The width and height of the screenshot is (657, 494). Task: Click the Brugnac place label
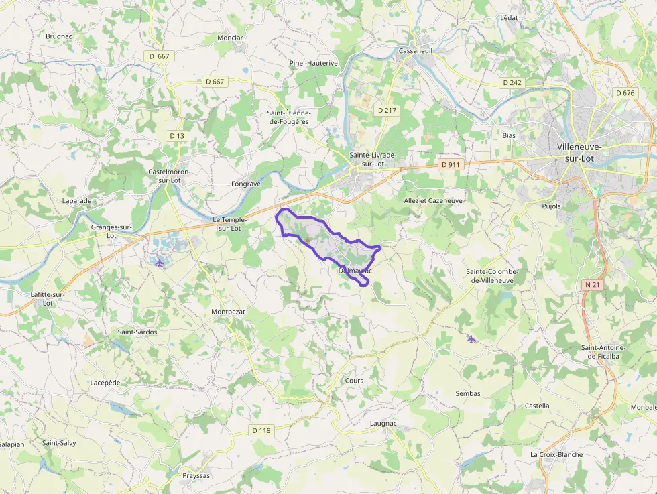point(59,36)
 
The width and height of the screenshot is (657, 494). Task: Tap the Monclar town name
point(230,38)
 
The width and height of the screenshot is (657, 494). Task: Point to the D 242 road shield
point(511,82)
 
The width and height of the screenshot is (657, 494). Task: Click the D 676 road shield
point(624,93)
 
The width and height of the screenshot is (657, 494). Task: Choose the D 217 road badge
point(387,110)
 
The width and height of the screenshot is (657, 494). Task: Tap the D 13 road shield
point(176,135)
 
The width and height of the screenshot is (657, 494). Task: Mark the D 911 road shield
point(451,164)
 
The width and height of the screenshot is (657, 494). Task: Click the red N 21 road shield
point(592,285)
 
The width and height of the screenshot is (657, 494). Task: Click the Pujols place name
point(551,206)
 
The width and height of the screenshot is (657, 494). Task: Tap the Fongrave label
point(245,183)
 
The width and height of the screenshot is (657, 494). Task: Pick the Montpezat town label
point(228,312)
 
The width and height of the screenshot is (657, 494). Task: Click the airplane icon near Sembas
point(471,338)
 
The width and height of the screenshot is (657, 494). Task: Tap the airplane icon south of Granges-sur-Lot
point(160,261)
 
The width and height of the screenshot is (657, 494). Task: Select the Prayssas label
point(196,476)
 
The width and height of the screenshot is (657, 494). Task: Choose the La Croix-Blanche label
point(556,454)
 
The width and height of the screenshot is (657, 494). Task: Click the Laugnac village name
point(383,424)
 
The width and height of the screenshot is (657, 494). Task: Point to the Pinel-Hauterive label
point(313,63)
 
